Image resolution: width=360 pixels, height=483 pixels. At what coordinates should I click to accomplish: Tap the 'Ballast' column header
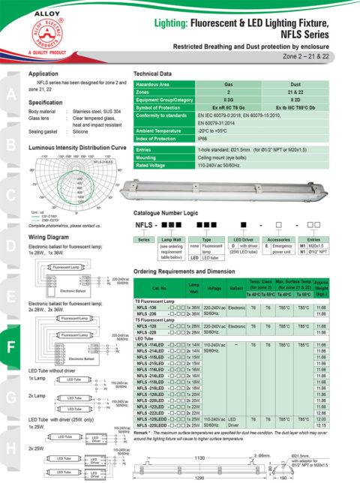pyautogui.click(x=235, y=287)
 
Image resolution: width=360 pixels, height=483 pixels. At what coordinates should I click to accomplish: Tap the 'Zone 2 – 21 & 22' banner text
pyautogui.click(x=315, y=55)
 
